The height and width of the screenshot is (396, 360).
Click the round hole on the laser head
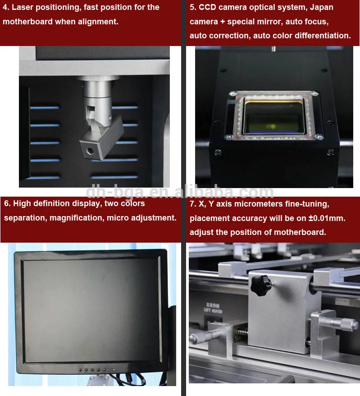point(90,151)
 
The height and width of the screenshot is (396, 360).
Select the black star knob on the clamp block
point(260,285)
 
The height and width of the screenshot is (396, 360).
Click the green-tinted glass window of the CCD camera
point(274,117)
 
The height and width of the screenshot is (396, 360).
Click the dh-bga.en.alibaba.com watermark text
point(180,192)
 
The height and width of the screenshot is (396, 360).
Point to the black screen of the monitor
point(91,311)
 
